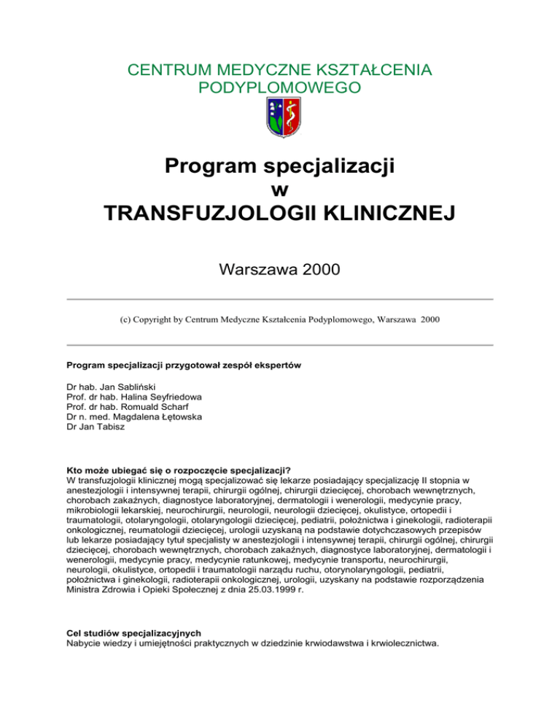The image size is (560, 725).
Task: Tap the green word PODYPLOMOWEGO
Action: tap(279, 88)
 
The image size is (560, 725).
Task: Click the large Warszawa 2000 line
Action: tap(279, 271)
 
